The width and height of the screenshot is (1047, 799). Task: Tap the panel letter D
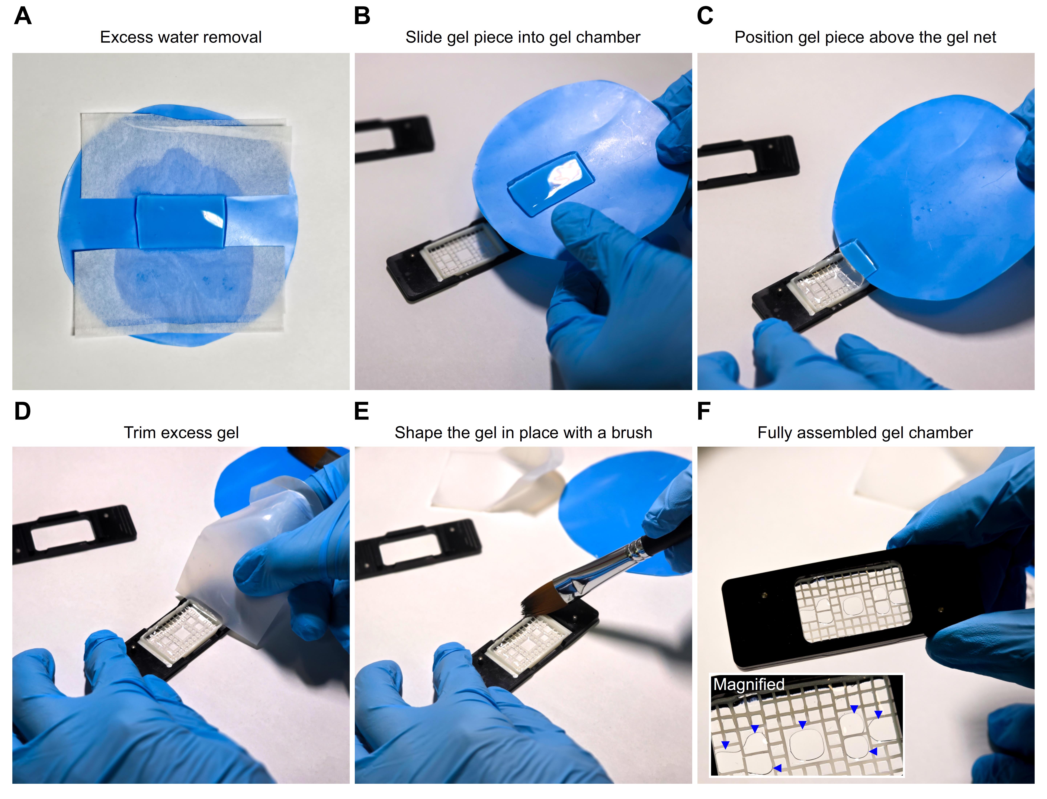(22, 411)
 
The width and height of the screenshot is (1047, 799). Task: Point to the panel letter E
(362, 411)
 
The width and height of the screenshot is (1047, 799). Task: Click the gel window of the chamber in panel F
(853, 602)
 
